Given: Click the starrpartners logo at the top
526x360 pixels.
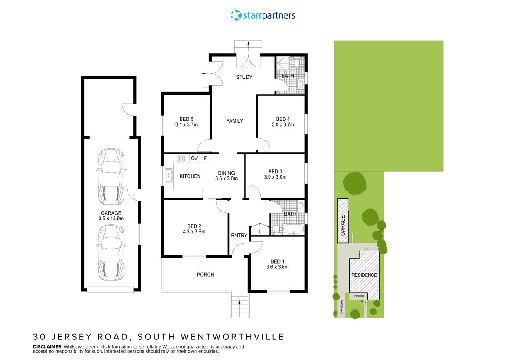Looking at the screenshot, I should pos(263,16).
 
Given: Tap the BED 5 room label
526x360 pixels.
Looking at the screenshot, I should pos(186,119).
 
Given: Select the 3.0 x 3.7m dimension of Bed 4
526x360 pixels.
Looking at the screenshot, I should pos(283,125).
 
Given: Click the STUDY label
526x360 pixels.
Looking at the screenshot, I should pos(244,78).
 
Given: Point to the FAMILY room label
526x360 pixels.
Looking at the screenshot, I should pos(235,121).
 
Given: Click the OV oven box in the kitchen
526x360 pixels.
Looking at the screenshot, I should pos(194,159).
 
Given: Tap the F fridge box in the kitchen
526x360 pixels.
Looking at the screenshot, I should pos(205,159).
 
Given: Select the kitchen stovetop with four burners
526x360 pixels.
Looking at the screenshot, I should pos(182,159).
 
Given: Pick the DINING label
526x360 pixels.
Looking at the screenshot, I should pos(227,173).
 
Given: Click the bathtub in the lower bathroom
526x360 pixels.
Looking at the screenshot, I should pos(292,229).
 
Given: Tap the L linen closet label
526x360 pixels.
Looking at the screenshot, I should pos(260,231).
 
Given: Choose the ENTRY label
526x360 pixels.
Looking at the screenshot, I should pos(239,236).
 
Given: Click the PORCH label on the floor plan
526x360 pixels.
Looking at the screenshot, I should pos(205,275).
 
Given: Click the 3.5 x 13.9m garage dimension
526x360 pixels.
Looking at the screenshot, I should pos(110,219).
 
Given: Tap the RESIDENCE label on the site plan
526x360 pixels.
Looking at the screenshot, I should pos(364,275).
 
